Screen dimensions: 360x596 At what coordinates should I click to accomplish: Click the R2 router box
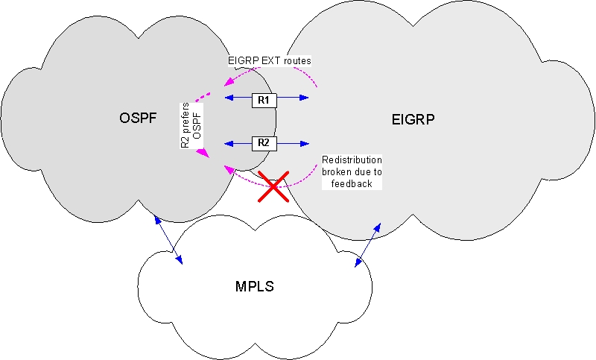click(x=264, y=142)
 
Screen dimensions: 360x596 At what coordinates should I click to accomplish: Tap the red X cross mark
click(x=273, y=186)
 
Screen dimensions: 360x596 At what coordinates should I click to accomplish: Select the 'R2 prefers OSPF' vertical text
click(x=191, y=124)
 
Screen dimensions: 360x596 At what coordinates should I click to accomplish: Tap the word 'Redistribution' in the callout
click(x=352, y=160)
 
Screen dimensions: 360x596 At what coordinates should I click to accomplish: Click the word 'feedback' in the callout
click(x=352, y=183)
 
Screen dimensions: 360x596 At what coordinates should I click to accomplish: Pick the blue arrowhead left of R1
click(x=229, y=98)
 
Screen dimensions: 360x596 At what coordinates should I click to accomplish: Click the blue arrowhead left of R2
click(x=229, y=142)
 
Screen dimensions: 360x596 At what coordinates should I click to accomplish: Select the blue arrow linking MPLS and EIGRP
click(x=368, y=242)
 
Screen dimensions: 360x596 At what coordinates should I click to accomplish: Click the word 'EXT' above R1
click(x=268, y=59)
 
